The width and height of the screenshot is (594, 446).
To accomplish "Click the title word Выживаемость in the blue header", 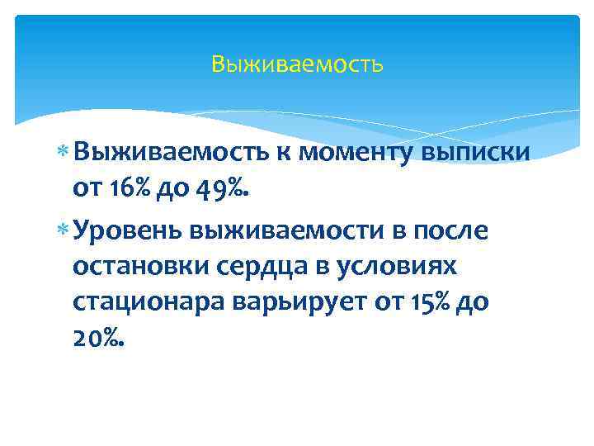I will pos(297,64).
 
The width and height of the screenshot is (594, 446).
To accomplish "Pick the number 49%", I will pos(220,190).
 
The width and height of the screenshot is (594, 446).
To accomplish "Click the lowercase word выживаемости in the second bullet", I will pos(280,230).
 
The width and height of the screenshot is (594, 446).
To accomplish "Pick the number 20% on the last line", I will pos(98,341).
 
